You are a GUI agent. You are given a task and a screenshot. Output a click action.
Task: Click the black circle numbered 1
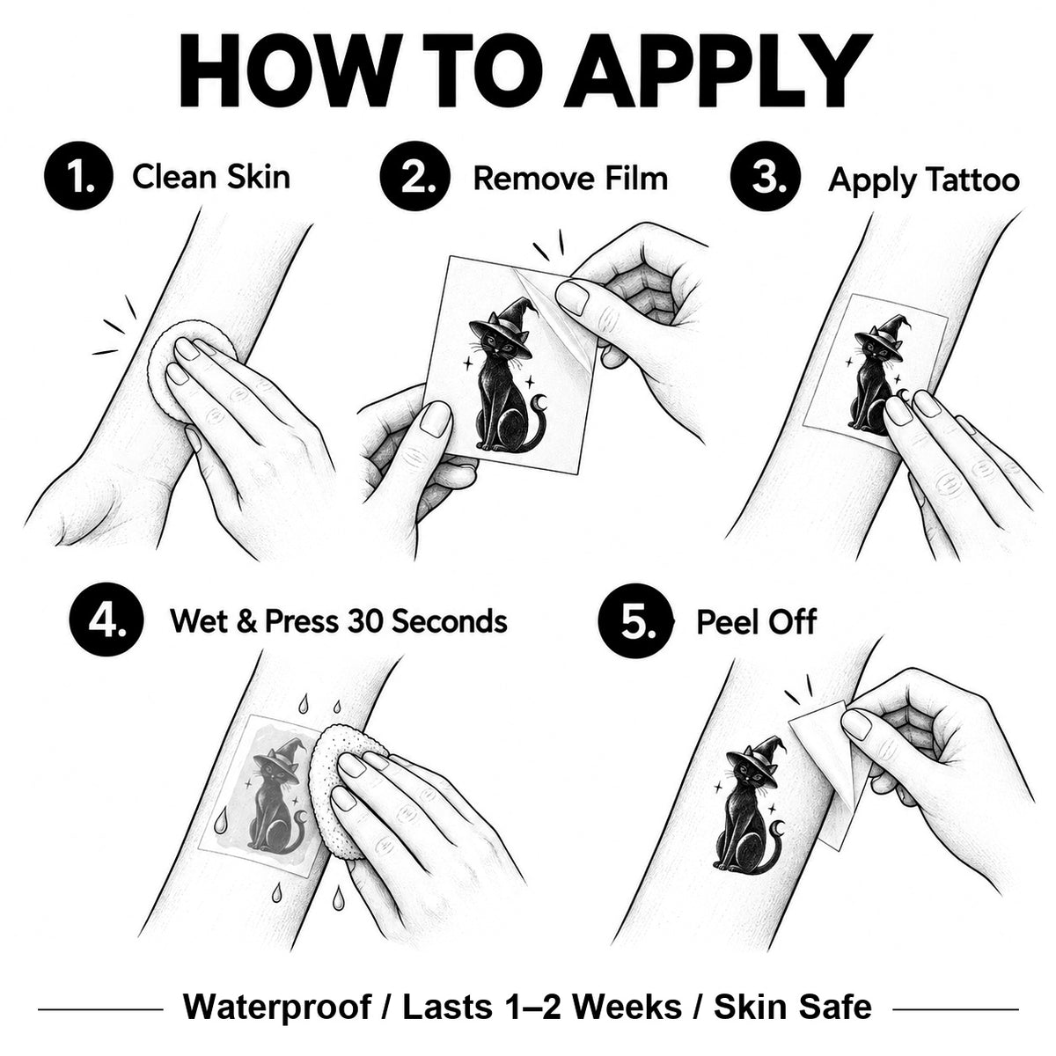click(x=78, y=176)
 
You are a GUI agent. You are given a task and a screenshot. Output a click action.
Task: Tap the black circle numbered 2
click(x=414, y=176)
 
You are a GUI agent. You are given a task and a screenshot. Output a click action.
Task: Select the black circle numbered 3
click(x=765, y=176)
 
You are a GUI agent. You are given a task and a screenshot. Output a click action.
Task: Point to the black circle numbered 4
click(x=106, y=620)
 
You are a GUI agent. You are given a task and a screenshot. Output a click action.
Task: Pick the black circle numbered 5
click(x=634, y=620)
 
